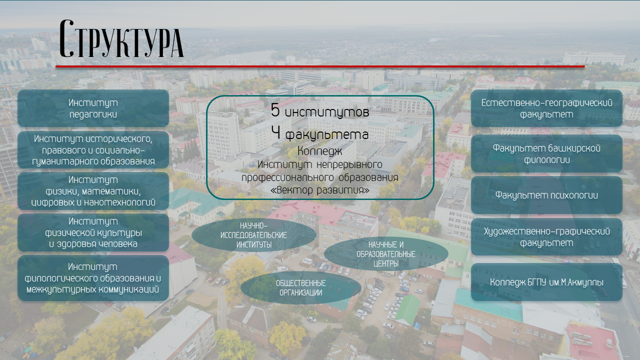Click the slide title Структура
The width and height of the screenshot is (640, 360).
point(121,38)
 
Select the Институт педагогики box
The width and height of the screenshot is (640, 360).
point(93,108)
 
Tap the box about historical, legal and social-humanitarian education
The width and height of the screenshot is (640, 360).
point(93,149)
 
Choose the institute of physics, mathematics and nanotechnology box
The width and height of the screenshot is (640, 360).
point(93,191)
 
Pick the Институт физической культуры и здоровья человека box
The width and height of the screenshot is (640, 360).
point(93,232)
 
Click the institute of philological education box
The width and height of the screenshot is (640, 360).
point(93,278)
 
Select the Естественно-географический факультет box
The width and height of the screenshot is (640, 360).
point(546,108)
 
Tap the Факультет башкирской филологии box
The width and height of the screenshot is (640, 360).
point(546,153)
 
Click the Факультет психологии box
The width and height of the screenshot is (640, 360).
point(546,195)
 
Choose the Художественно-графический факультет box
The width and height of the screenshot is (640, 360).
point(546,237)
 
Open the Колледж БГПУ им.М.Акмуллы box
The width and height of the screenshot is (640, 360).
point(546,282)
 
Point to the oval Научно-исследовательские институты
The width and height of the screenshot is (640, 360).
point(253,235)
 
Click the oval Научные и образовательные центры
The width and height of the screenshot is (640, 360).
point(386,254)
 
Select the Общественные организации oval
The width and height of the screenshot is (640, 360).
point(301,287)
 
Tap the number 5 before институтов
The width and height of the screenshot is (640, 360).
point(275,110)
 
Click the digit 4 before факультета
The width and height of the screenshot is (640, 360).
point(275,132)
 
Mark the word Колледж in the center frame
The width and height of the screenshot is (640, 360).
point(319,151)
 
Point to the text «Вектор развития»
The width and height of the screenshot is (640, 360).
point(319,190)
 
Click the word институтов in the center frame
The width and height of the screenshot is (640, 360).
point(327,112)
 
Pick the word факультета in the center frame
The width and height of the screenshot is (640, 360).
point(327,135)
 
